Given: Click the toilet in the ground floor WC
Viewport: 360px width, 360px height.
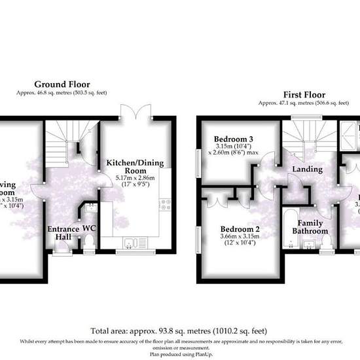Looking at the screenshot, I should (x=89, y=243).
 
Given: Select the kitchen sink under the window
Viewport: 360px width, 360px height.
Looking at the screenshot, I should (x=133, y=244).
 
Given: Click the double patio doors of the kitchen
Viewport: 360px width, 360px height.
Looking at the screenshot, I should (x=136, y=113).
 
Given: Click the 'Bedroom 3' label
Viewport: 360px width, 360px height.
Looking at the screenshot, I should (x=234, y=139).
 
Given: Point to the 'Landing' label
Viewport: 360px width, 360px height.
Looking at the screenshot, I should (x=307, y=169).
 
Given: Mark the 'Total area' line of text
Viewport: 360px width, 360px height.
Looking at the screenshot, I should (x=179, y=331).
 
